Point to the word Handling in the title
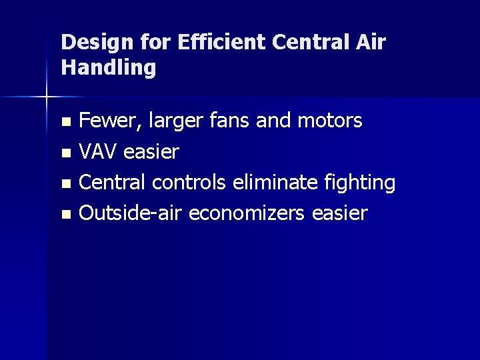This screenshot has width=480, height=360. [109, 67]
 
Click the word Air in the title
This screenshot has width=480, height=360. [373, 43]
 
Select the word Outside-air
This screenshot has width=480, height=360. [131, 213]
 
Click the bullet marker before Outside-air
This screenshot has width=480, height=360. [65, 215]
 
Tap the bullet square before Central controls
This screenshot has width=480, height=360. [65, 184]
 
